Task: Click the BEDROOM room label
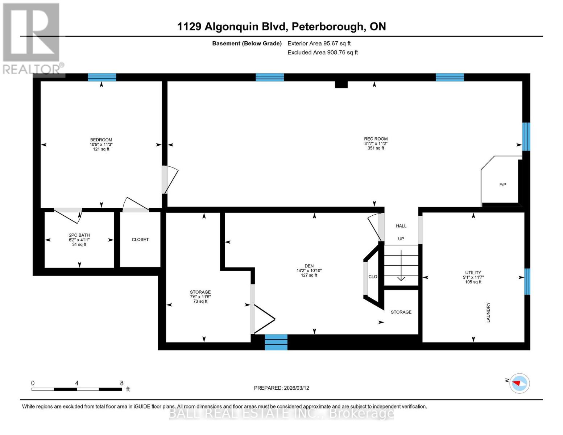[x=101, y=140]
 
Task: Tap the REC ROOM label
[x=376, y=139]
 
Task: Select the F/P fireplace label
[x=502, y=185]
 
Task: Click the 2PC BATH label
[x=79, y=235]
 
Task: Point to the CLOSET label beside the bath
[x=140, y=240]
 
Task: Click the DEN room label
[x=309, y=266]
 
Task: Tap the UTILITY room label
[x=473, y=273]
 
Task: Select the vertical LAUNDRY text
[x=488, y=312]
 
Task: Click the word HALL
[x=401, y=226]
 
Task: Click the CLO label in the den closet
[x=373, y=277]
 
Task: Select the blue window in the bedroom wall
[x=102, y=77]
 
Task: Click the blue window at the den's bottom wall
[x=276, y=342]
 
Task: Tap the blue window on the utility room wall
[x=527, y=281]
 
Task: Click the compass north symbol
[x=519, y=383]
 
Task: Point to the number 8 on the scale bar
[x=122, y=383]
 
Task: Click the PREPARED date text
[x=281, y=388]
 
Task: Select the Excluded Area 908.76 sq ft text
[x=322, y=53]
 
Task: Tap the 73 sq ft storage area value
[x=200, y=301]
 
